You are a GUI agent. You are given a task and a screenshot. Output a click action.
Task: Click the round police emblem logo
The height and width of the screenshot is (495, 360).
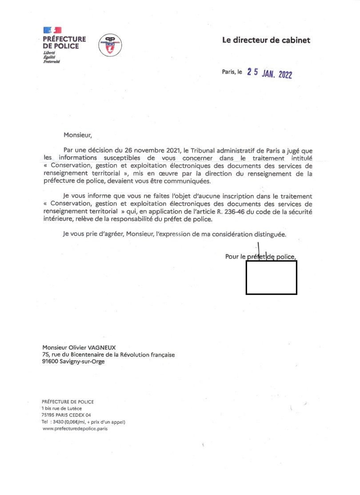pos(109,45)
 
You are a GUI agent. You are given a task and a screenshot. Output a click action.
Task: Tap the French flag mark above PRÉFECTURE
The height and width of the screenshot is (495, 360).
pos(52,30)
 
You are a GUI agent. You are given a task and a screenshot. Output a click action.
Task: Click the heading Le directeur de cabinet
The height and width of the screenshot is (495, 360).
pos(266,40)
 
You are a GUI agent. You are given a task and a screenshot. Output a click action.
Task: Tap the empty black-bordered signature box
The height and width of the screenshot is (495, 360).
pos(271,278)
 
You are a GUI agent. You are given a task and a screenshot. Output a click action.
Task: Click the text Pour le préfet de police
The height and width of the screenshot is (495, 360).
pos(260,256)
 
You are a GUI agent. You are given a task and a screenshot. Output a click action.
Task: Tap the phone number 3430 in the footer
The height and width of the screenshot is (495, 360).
pos(58,422)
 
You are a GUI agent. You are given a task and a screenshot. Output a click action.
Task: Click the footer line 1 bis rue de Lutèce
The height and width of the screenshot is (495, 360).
pos(62,408)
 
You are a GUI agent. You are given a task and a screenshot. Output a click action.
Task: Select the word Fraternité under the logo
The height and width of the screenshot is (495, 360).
pos(51,62)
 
